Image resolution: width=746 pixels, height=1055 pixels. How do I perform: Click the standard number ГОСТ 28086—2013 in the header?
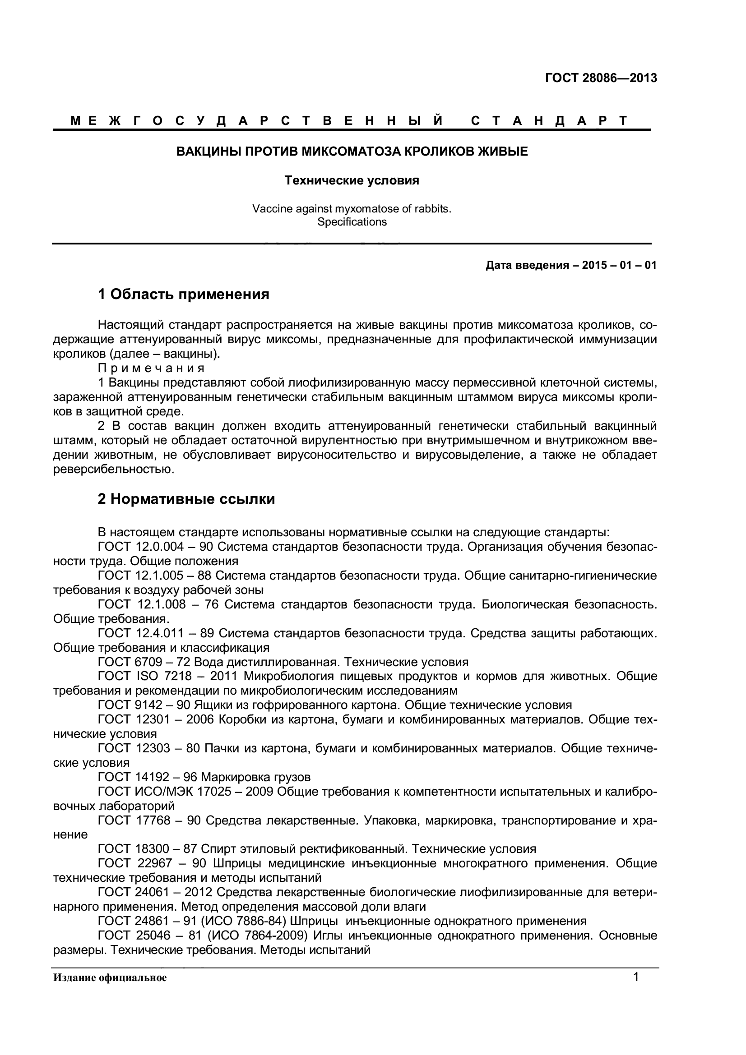coord(601,78)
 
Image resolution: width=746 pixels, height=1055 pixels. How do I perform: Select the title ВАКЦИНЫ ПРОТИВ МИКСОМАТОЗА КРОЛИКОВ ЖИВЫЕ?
coord(352,151)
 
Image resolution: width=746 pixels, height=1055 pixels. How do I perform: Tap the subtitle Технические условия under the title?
coord(352,180)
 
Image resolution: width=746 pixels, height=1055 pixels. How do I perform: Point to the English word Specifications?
coord(352,222)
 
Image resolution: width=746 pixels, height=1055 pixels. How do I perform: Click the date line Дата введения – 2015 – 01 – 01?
coord(571,266)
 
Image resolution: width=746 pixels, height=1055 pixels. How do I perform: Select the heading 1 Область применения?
coord(183,294)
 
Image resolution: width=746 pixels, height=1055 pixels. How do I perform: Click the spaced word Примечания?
coord(151,369)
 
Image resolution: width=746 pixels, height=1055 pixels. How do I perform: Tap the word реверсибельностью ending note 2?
coord(114,470)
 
